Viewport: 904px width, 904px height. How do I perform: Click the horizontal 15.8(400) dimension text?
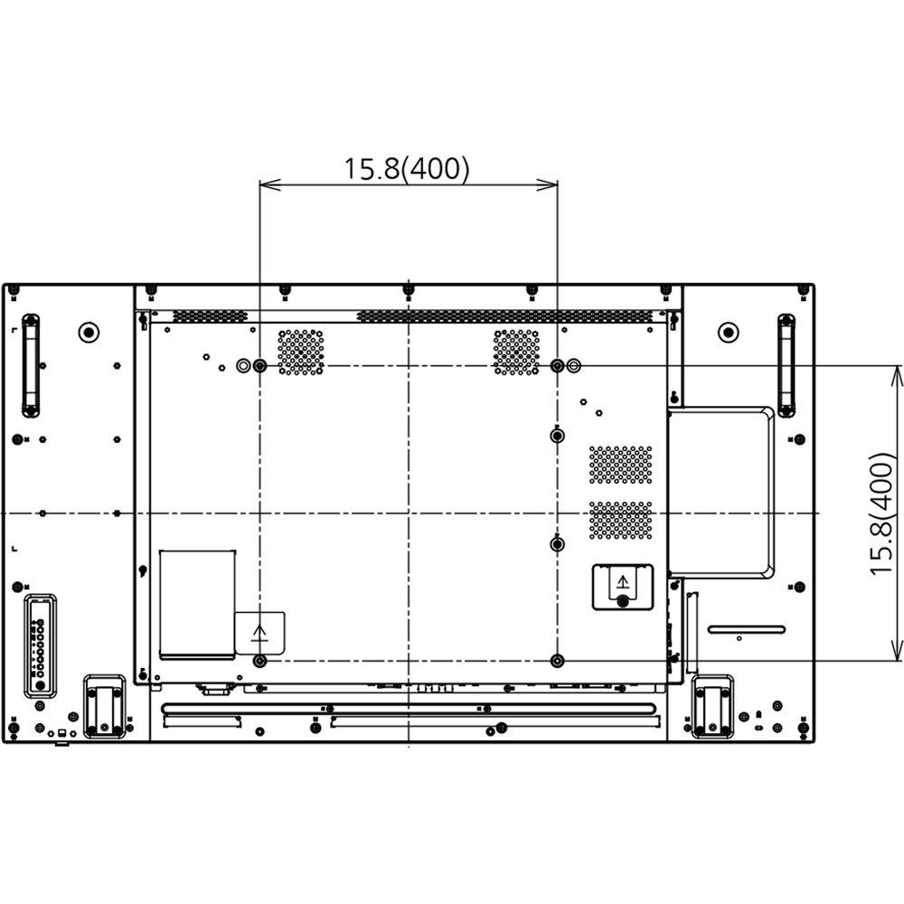(x=406, y=169)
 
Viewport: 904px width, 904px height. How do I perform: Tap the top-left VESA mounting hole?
(x=260, y=366)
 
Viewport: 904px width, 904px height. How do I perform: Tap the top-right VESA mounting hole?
(x=557, y=366)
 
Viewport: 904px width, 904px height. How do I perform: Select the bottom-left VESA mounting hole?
(x=260, y=661)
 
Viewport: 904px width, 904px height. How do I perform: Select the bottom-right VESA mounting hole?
(x=557, y=661)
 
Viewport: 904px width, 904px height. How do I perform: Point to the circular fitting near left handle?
(x=89, y=332)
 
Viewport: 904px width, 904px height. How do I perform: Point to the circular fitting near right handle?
(x=729, y=332)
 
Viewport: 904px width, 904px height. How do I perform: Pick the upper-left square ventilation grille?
(x=301, y=352)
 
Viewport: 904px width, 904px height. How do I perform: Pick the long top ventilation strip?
(x=504, y=315)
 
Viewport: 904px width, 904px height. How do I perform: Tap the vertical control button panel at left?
(x=38, y=644)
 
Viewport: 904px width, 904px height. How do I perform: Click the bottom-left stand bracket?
(x=105, y=707)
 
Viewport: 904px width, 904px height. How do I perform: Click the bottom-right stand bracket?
(x=711, y=707)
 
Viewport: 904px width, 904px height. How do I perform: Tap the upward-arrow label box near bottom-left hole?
(x=260, y=632)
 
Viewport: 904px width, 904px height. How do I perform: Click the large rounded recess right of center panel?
(x=721, y=492)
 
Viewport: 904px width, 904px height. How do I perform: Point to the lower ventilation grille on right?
(x=621, y=521)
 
